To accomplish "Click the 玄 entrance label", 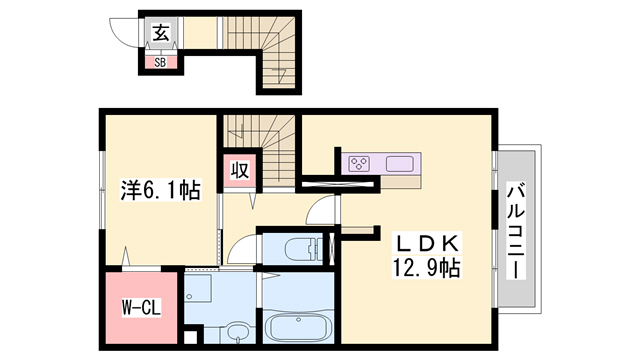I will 161,33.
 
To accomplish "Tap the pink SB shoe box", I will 161,61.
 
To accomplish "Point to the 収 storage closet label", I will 240,170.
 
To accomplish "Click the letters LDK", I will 417,244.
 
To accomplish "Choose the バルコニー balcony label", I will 518,229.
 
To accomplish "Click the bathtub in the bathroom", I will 297,328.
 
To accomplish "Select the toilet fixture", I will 297,249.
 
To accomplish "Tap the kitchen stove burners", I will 360,164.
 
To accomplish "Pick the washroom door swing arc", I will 244,250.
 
